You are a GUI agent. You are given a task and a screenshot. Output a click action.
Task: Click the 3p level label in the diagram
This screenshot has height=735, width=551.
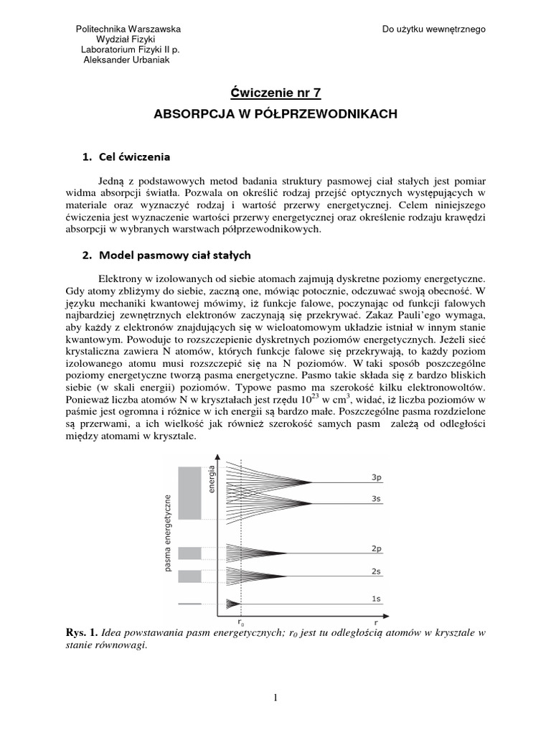[376, 477]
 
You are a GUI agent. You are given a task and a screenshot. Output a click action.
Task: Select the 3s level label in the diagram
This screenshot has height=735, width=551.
[376, 498]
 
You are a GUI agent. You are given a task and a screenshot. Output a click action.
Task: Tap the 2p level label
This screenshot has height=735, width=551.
[376, 548]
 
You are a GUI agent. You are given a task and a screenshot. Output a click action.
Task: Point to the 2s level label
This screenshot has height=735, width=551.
[376, 571]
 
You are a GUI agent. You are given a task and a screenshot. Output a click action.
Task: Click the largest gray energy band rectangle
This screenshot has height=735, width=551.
[190, 493]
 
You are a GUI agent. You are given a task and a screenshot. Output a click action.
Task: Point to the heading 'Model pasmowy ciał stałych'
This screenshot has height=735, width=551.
[174, 254]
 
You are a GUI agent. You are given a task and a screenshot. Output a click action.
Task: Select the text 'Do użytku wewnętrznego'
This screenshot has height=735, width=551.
[434, 29]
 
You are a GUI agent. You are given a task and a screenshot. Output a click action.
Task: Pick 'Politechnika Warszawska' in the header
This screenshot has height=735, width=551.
[128, 29]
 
